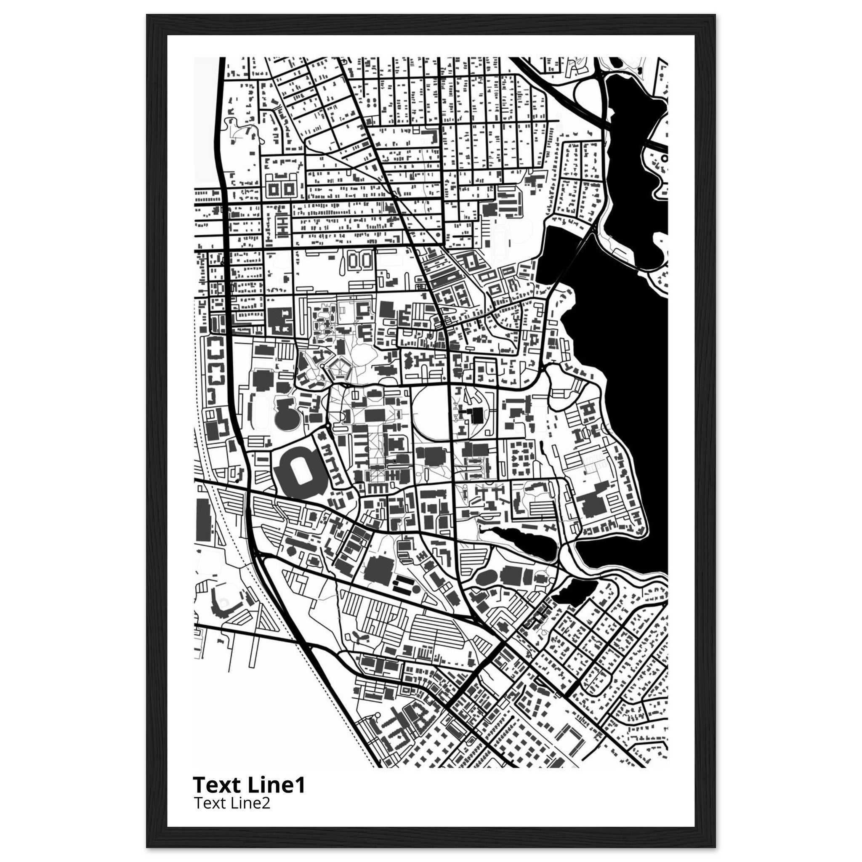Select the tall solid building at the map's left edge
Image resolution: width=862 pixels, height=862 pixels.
coord(203,520)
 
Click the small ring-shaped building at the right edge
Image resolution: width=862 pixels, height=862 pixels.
coord(665,158)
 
